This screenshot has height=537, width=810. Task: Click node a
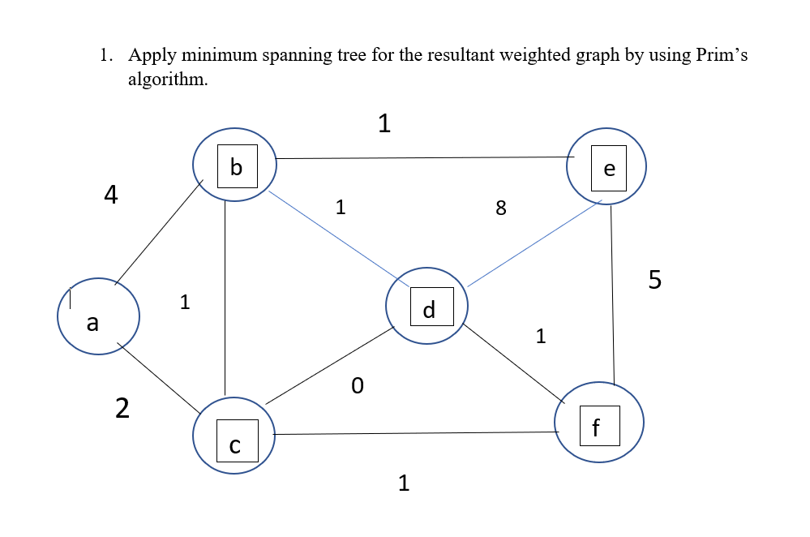click(98, 316)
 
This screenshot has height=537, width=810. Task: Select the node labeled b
click(235, 165)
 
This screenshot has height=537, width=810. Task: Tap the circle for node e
click(607, 166)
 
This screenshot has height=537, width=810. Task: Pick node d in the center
click(427, 307)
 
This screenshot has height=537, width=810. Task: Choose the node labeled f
click(598, 423)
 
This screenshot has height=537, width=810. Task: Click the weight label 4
click(111, 195)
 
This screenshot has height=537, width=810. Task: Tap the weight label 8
click(500, 208)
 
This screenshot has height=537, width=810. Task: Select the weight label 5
click(655, 280)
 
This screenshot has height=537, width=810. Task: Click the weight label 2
click(122, 409)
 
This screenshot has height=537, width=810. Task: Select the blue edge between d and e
click(535, 243)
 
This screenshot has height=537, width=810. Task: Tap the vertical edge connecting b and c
click(225, 300)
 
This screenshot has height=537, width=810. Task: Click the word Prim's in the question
click(722, 56)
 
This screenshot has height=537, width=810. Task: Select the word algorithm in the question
click(162, 79)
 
